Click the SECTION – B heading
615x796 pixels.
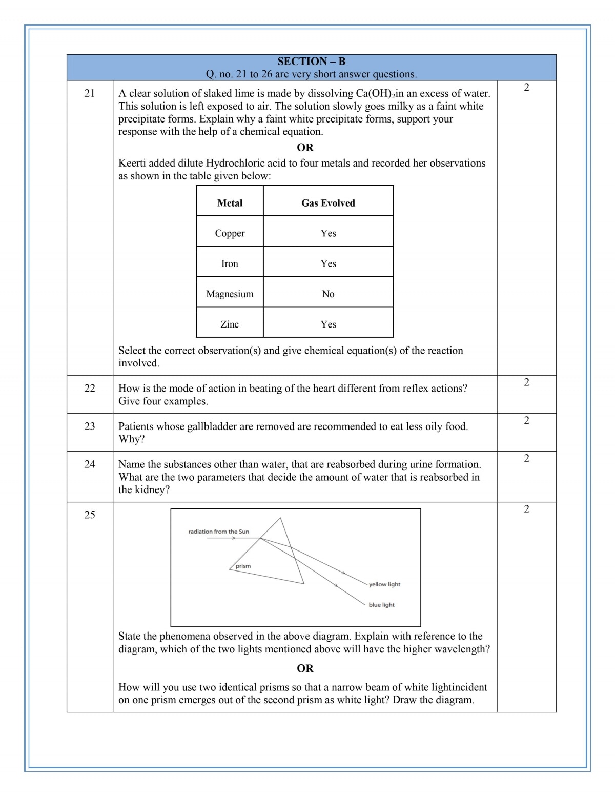click(x=311, y=62)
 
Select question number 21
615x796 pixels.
click(x=90, y=93)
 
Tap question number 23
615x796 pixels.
click(x=90, y=426)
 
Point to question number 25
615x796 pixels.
click(x=90, y=515)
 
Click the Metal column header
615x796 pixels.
click(x=230, y=203)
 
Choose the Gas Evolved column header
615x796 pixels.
click(x=328, y=203)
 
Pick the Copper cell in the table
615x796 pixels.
click(x=230, y=233)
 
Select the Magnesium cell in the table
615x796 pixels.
click(x=230, y=294)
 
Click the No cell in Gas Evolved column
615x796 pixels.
click(x=328, y=294)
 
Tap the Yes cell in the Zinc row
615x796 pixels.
click(x=328, y=324)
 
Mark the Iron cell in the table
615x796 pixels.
click(x=230, y=263)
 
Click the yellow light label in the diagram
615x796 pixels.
click(x=384, y=584)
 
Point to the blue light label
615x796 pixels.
click(x=381, y=605)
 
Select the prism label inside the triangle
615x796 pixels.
click(x=243, y=566)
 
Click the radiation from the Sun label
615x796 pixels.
click(x=218, y=532)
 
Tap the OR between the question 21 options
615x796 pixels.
click(x=305, y=148)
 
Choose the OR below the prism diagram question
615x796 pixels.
click(x=305, y=668)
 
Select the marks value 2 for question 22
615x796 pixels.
click(x=526, y=382)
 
